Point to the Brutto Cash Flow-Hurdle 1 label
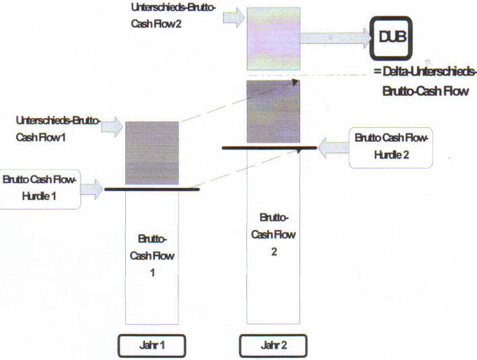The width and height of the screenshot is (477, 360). coord(39,187)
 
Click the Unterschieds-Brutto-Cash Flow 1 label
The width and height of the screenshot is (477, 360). coord(57,127)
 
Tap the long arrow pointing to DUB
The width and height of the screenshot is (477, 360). coord(336,39)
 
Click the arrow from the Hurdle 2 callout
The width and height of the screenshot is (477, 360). coord(332,147)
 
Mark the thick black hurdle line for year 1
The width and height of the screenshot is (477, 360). coord(152,189)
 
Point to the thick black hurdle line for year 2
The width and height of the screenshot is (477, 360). coord(266,148)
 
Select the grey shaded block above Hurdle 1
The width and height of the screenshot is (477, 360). coord(152,152)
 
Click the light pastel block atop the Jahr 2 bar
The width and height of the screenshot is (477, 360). coord(273,39)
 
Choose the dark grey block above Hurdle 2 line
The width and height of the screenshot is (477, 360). coord(273,112)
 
